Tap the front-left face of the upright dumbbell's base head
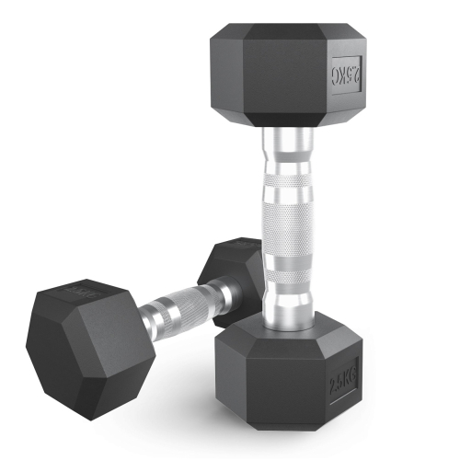tap(267, 377)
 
